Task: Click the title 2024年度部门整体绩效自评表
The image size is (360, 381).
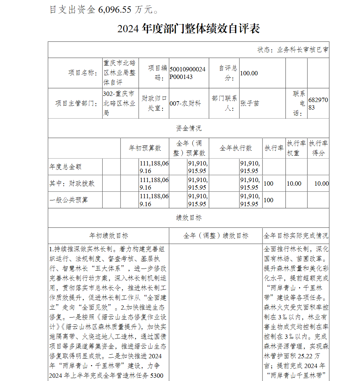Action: [188, 29]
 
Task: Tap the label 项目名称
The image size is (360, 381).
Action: [83, 73]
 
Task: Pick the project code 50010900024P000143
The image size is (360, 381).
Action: [187, 73]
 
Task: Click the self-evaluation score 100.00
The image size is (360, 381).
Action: [249, 73]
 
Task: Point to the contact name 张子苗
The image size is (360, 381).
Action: [250, 103]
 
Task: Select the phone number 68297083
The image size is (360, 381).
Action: [318, 103]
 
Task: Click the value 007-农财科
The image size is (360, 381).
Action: [185, 103]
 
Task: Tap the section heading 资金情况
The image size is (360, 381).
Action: [188, 128]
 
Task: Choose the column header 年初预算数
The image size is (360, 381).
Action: [145, 148]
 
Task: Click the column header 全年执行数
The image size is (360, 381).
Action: [236, 148]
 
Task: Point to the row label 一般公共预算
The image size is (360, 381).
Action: [68, 200]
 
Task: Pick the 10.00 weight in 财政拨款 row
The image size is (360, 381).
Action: [294, 183]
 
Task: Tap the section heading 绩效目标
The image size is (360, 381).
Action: [188, 218]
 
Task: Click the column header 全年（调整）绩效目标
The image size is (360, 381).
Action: [216, 236]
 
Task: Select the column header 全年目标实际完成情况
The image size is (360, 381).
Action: [296, 236]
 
